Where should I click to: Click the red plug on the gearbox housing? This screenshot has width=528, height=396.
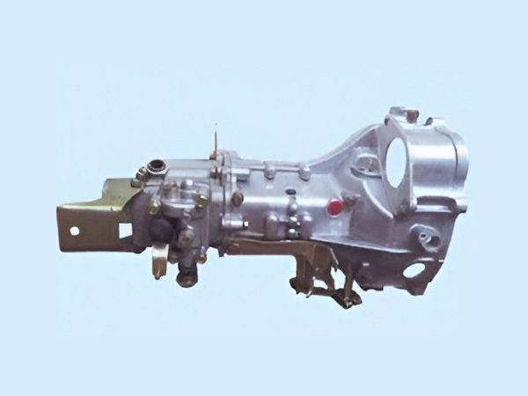pos(334,207)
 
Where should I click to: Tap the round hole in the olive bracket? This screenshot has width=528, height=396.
pos(74,231)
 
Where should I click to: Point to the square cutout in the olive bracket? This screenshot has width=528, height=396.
pos(124,230)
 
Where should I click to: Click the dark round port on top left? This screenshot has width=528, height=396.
pos(158,165)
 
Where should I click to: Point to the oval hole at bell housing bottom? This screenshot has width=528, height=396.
pos(413,269)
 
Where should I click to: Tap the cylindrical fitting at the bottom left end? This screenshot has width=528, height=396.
pos(186,278)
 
